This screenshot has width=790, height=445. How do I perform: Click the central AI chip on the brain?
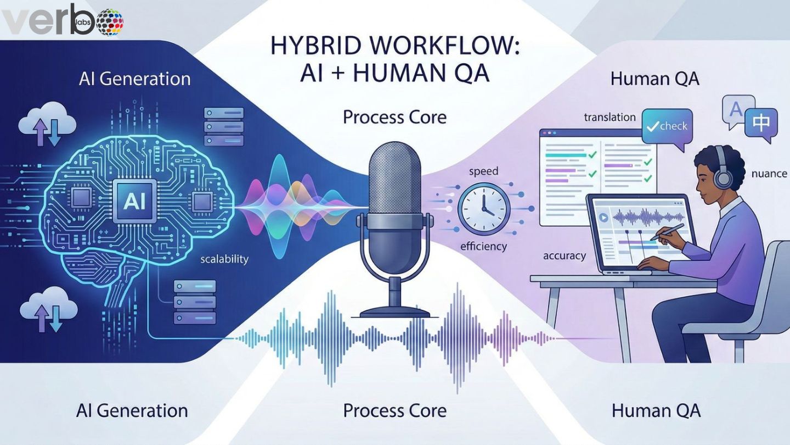134,201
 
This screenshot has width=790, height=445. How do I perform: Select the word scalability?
224,258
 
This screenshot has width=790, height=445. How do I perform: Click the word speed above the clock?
483,172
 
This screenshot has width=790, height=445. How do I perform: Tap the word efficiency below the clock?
483,247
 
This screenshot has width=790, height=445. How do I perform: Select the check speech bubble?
667,127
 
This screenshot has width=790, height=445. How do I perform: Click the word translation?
610,117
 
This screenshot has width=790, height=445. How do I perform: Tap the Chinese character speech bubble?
760,124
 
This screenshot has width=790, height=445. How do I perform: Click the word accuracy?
564,255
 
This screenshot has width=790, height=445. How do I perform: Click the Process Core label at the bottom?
394,410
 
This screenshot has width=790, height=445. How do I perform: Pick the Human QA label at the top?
654,79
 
